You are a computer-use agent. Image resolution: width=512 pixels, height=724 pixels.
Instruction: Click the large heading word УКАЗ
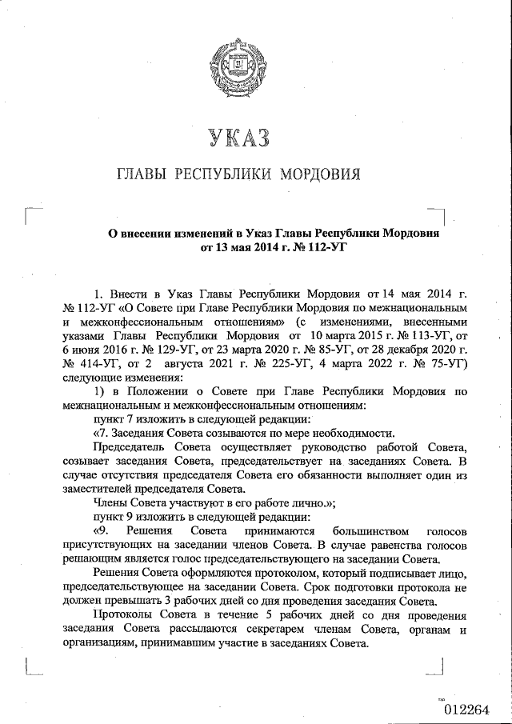click(x=238, y=138)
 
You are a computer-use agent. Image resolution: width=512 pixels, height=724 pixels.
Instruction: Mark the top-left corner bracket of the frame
click(x=30, y=212)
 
